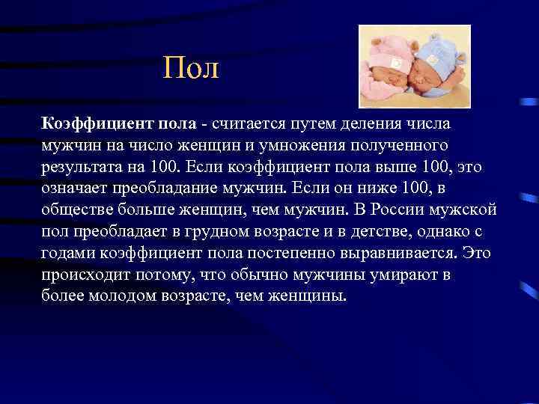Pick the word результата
point(84,165)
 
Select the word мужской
point(468,209)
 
